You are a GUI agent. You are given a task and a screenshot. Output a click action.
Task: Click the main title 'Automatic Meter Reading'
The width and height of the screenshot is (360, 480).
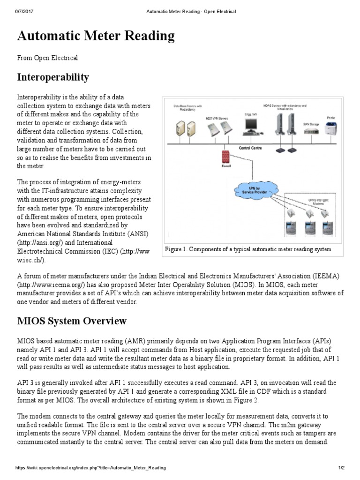pyautogui.click(x=96, y=36)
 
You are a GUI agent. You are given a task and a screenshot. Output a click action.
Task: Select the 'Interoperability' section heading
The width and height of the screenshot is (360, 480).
pyautogui.click(x=53, y=76)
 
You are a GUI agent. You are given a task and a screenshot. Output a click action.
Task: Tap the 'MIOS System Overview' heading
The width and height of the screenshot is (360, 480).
pyautogui.click(x=72, y=321)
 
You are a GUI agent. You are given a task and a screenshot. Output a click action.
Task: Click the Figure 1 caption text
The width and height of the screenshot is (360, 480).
pyautogui.click(x=248, y=249)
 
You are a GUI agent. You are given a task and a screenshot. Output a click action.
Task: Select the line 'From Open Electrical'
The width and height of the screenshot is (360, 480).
pyautogui.click(x=47, y=58)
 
